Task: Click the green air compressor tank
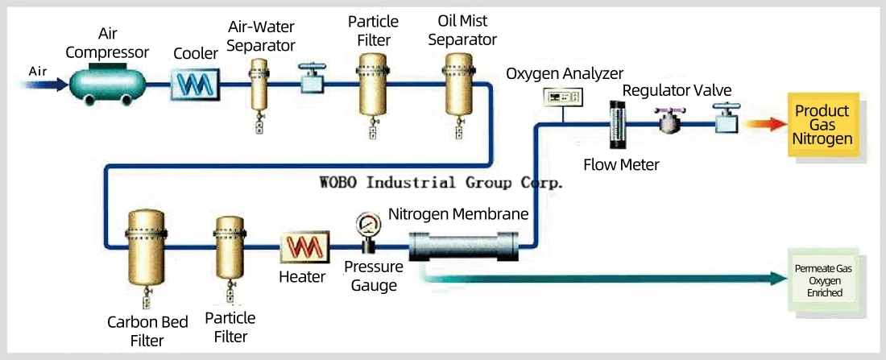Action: (x=107, y=85)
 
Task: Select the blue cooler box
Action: (x=195, y=85)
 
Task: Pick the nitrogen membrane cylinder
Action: (x=463, y=247)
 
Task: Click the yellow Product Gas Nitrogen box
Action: (x=822, y=125)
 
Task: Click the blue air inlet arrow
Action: (x=43, y=85)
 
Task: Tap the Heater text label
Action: (x=302, y=277)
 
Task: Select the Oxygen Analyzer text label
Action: (x=565, y=73)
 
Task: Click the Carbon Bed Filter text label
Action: (x=147, y=332)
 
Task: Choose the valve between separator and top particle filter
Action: (x=310, y=80)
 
